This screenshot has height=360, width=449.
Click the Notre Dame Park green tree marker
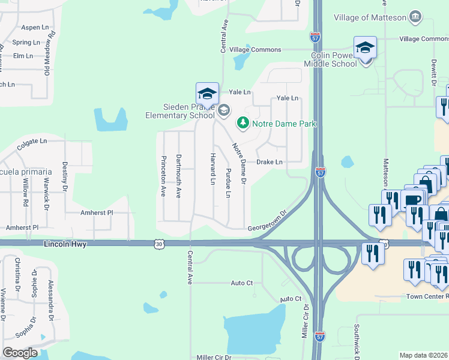click(243, 123)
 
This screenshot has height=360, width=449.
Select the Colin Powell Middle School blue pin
click(365, 48)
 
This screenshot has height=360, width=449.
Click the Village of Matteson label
click(370, 17)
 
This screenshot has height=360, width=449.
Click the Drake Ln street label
click(269, 162)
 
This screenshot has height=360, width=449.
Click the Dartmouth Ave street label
click(178, 176)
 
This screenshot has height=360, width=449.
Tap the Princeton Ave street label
click(163, 176)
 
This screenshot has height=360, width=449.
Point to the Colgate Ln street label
click(32, 142)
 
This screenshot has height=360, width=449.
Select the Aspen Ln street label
click(35, 28)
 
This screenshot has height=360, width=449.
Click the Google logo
click(20, 353)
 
